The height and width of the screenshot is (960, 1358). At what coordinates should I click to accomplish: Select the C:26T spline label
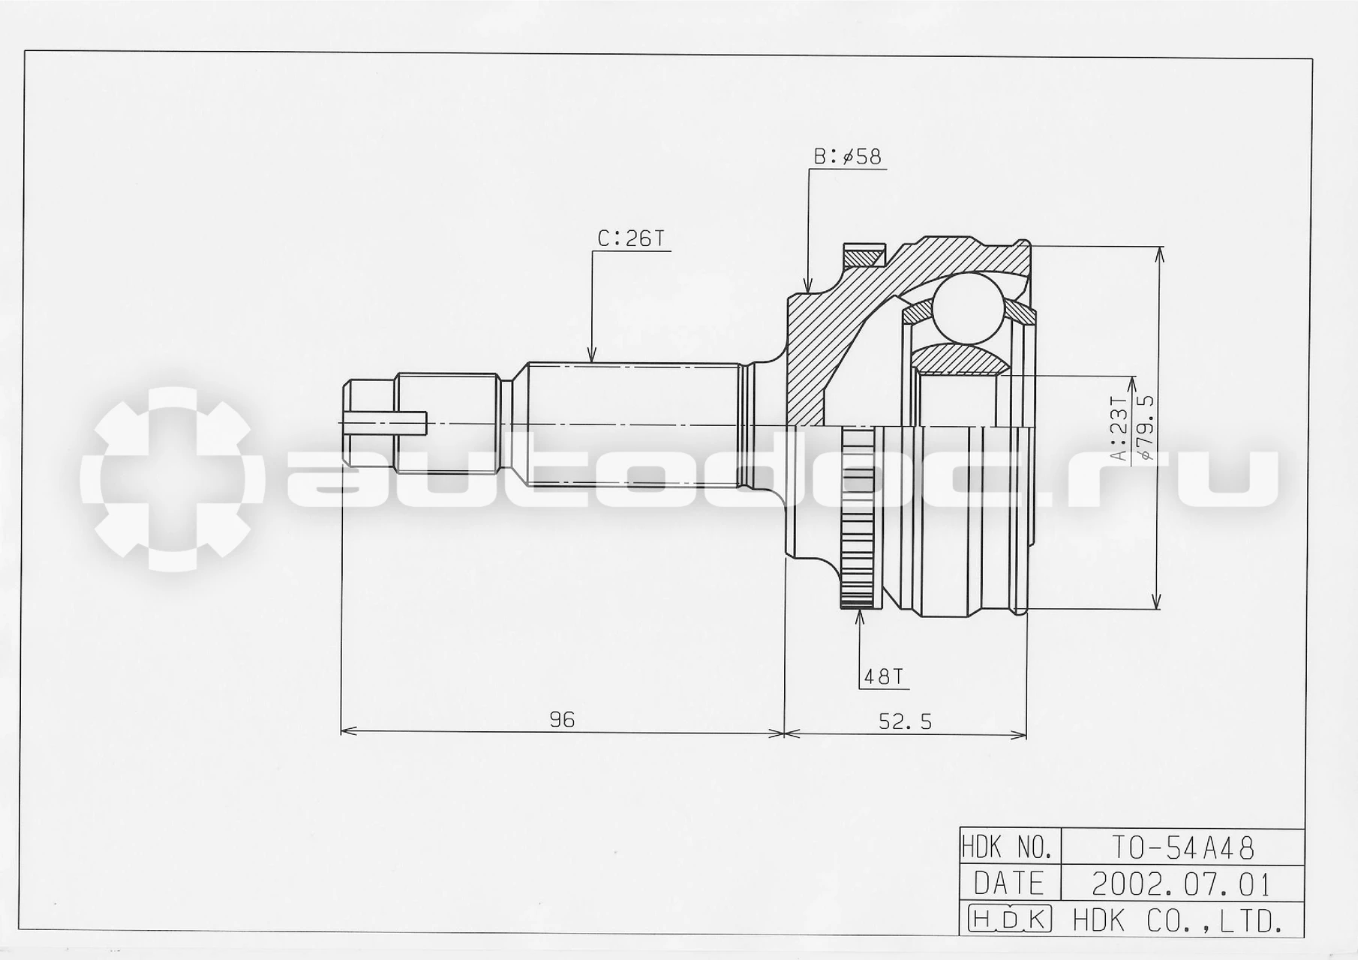[x=631, y=238]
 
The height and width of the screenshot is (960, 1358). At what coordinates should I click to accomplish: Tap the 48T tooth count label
[x=882, y=677]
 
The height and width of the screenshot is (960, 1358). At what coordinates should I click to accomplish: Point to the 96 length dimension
[x=562, y=720]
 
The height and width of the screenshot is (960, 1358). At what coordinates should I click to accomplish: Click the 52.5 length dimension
[x=905, y=721]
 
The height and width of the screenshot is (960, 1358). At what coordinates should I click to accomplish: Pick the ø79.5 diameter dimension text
[x=1145, y=427]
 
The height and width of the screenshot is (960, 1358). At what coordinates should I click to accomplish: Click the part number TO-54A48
[x=1182, y=848]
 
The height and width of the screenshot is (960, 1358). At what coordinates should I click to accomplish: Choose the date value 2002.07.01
[x=1181, y=884]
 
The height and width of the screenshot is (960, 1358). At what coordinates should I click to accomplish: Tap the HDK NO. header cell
[x=1010, y=848]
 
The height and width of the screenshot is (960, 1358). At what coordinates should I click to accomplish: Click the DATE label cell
[x=1010, y=884]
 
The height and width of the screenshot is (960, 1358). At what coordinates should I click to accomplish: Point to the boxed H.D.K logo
[x=1010, y=919]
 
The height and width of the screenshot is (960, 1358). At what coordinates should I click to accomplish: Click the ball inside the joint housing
[x=969, y=308]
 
